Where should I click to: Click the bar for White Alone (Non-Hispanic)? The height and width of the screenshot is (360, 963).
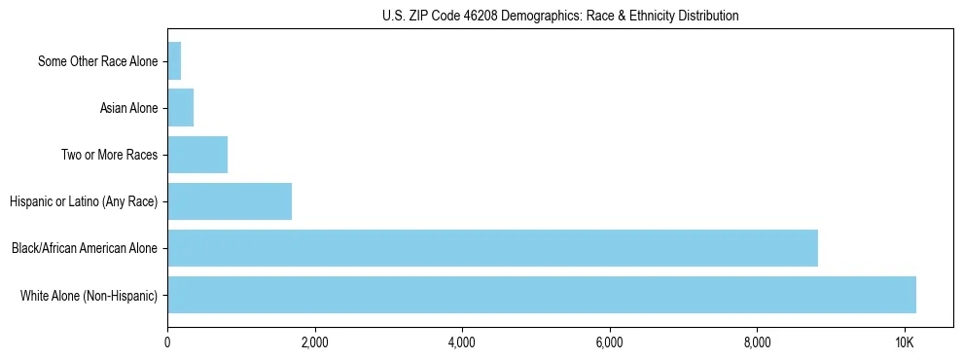[x=542, y=295]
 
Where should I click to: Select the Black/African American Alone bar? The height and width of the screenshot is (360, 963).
[x=492, y=248]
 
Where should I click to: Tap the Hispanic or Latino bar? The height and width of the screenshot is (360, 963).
[x=230, y=201]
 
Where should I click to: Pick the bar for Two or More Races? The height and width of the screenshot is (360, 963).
[x=197, y=155]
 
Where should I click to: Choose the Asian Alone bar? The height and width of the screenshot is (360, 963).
[x=181, y=108]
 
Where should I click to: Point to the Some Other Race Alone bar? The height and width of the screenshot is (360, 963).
[x=174, y=61]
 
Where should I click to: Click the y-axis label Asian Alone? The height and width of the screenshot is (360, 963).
[x=128, y=108]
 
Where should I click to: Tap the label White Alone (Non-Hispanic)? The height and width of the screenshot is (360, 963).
[x=89, y=295]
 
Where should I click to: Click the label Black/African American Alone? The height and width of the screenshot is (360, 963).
[x=85, y=248]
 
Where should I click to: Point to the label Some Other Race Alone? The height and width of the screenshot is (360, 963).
[x=97, y=61]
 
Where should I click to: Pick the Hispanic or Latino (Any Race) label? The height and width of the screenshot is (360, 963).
[x=84, y=201]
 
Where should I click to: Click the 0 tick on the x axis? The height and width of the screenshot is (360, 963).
[x=167, y=342]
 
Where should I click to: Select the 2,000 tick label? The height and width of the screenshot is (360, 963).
[x=314, y=342]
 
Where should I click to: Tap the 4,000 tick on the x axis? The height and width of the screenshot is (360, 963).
[x=462, y=342]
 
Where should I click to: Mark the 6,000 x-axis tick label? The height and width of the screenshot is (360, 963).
[x=610, y=342]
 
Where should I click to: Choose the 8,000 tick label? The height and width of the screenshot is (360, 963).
[x=757, y=342]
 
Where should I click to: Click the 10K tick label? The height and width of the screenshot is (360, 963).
[x=905, y=342]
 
